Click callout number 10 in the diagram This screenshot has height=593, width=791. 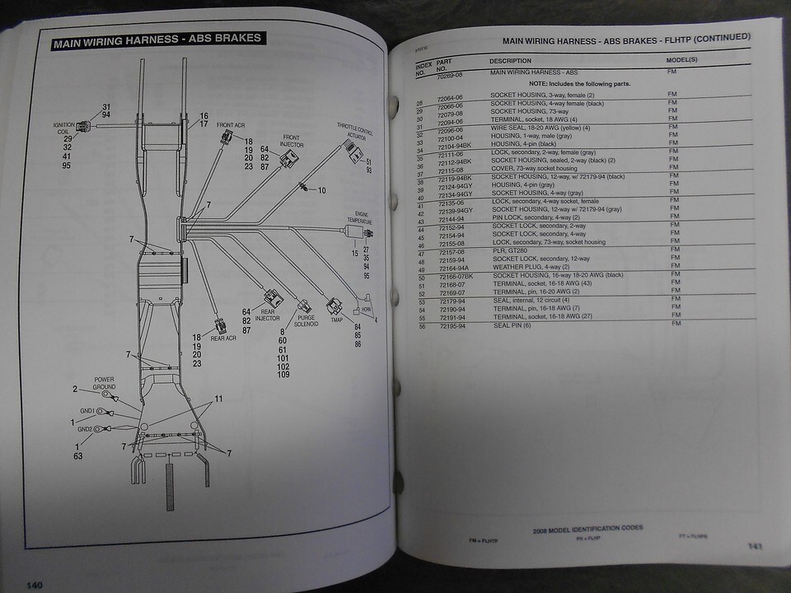coord(322,190)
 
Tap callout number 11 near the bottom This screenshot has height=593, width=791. coord(218,399)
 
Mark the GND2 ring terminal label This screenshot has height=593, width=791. coord(86,429)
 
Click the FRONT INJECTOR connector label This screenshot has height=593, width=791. coord(292,141)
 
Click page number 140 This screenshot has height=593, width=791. coord(34,585)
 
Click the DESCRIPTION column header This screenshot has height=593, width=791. coord(511,61)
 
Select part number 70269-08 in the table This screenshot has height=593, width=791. coord(454,74)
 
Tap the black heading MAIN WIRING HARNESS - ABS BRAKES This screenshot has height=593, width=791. coord(157,39)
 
